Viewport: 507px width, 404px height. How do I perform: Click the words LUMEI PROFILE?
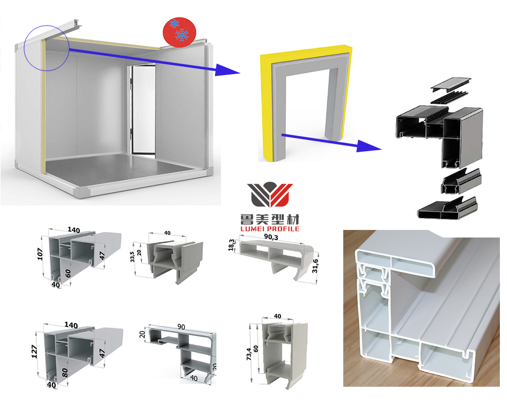[x=269, y=229]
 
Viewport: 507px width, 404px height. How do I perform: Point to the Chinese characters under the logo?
[x=269, y=219]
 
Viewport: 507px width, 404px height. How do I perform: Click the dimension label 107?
[x=41, y=253]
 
